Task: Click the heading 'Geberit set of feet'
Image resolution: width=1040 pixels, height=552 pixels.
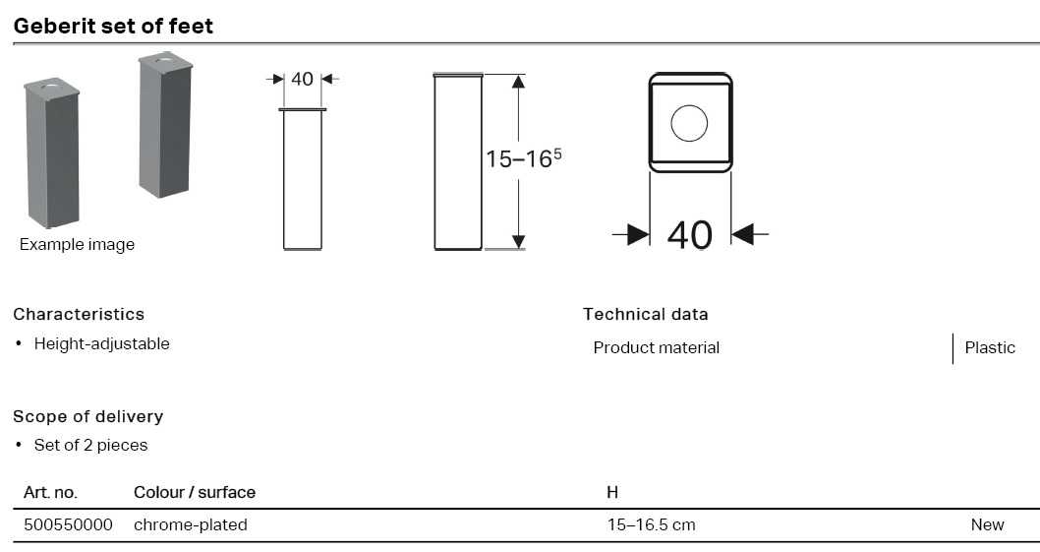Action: pos(113,26)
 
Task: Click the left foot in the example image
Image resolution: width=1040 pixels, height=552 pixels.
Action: pos(51,153)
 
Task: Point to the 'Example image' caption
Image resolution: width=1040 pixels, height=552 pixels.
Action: pos(77,245)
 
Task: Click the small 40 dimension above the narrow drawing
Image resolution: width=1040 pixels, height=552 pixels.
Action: pos(302,79)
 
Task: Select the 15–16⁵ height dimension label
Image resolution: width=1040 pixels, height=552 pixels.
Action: pos(523,158)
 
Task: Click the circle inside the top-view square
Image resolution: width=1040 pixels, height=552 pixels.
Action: pos(689,124)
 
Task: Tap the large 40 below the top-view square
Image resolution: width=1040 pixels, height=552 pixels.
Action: pos(689,234)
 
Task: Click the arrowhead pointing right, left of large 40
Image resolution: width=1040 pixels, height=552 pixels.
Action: pos(637,234)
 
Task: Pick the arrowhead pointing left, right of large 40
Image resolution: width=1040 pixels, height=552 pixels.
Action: pos(744,234)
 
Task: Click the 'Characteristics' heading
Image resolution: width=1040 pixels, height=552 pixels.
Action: pos(79,314)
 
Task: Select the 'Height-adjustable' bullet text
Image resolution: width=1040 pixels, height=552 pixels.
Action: pos(101,343)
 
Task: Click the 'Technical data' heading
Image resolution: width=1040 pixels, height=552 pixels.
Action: pos(645,314)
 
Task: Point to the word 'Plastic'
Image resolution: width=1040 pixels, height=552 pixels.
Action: pos(990,347)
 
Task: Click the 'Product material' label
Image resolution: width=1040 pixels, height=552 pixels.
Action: pos(656,347)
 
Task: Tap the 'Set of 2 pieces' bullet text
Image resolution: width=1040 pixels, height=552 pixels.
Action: pos(90,445)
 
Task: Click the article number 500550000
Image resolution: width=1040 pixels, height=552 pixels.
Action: pos(68,524)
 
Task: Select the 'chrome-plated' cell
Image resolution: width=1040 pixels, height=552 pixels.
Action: pos(190,524)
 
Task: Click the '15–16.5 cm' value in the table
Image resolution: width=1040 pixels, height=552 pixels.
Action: pos(651,524)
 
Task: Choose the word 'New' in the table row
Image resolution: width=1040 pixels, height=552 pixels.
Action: pos(987,524)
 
